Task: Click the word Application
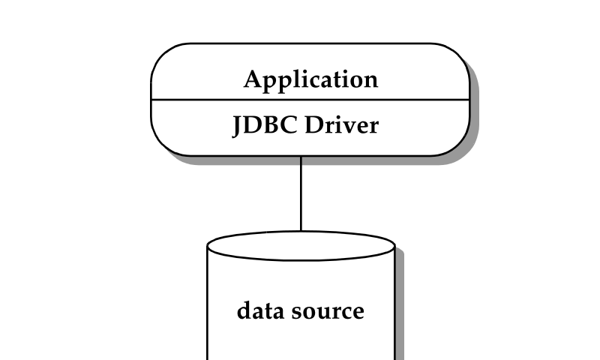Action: coord(310,79)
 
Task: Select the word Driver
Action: coord(342,125)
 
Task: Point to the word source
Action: coord(329,311)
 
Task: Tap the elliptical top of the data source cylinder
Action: coord(301,245)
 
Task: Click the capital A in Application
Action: coord(253,79)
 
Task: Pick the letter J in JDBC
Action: coord(238,126)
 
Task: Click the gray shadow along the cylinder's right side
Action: coord(400,307)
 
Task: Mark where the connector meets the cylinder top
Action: coord(301,231)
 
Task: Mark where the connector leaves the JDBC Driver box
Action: coord(301,157)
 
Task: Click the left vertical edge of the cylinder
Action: coord(208,307)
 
